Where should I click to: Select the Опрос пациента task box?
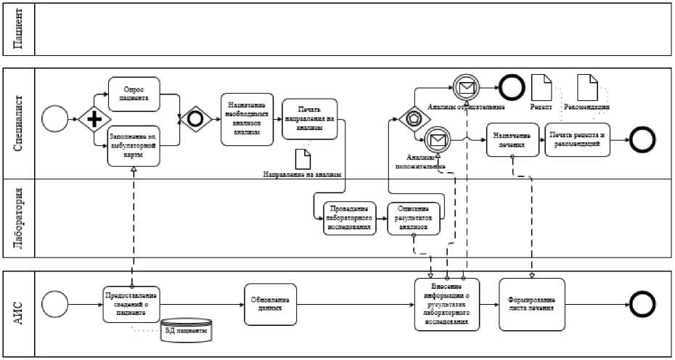coord(134,95)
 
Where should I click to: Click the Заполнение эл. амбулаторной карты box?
coord(134,146)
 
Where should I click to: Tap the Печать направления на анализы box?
coord(309,118)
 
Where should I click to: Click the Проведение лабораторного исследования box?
coord(348,216)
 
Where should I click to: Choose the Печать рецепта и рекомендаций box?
coord(577,139)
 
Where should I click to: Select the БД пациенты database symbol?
coord(187,331)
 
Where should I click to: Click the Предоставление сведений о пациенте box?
coord(131,303)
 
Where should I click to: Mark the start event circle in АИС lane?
coord(54,303)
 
